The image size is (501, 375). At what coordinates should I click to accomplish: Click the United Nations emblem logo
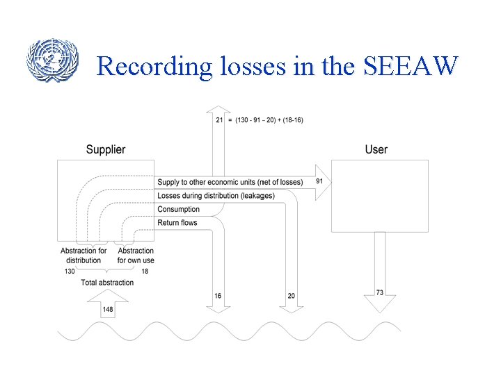click(x=49, y=60)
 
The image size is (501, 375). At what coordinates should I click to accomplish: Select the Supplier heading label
click(x=106, y=149)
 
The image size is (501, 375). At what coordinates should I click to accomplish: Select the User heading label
click(x=376, y=149)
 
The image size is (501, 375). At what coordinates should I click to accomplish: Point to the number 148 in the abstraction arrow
click(x=108, y=309)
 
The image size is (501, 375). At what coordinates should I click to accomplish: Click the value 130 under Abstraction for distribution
click(x=70, y=272)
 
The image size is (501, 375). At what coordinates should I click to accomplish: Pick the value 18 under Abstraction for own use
click(x=145, y=272)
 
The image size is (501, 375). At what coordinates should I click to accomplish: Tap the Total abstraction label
click(x=107, y=283)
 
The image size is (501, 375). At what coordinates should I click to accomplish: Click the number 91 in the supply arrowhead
click(x=319, y=181)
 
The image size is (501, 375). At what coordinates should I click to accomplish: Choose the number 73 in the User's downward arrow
click(x=379, y=293)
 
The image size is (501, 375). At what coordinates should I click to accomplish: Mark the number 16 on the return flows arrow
click(x=218, y=296)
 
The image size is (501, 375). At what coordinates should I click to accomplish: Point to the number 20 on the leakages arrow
click(x=291, y=296)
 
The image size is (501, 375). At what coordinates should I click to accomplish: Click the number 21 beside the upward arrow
click(x=219, y=120)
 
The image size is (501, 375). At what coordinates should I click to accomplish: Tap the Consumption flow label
click(x=178, y=209)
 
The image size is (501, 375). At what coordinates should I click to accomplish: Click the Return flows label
click(x=177, y=223)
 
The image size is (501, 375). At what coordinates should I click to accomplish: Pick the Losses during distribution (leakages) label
click(x=216, y=196)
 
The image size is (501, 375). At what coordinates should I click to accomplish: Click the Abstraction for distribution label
click(x=83, y=256)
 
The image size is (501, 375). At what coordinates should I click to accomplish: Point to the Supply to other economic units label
click(x=230, y=182)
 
